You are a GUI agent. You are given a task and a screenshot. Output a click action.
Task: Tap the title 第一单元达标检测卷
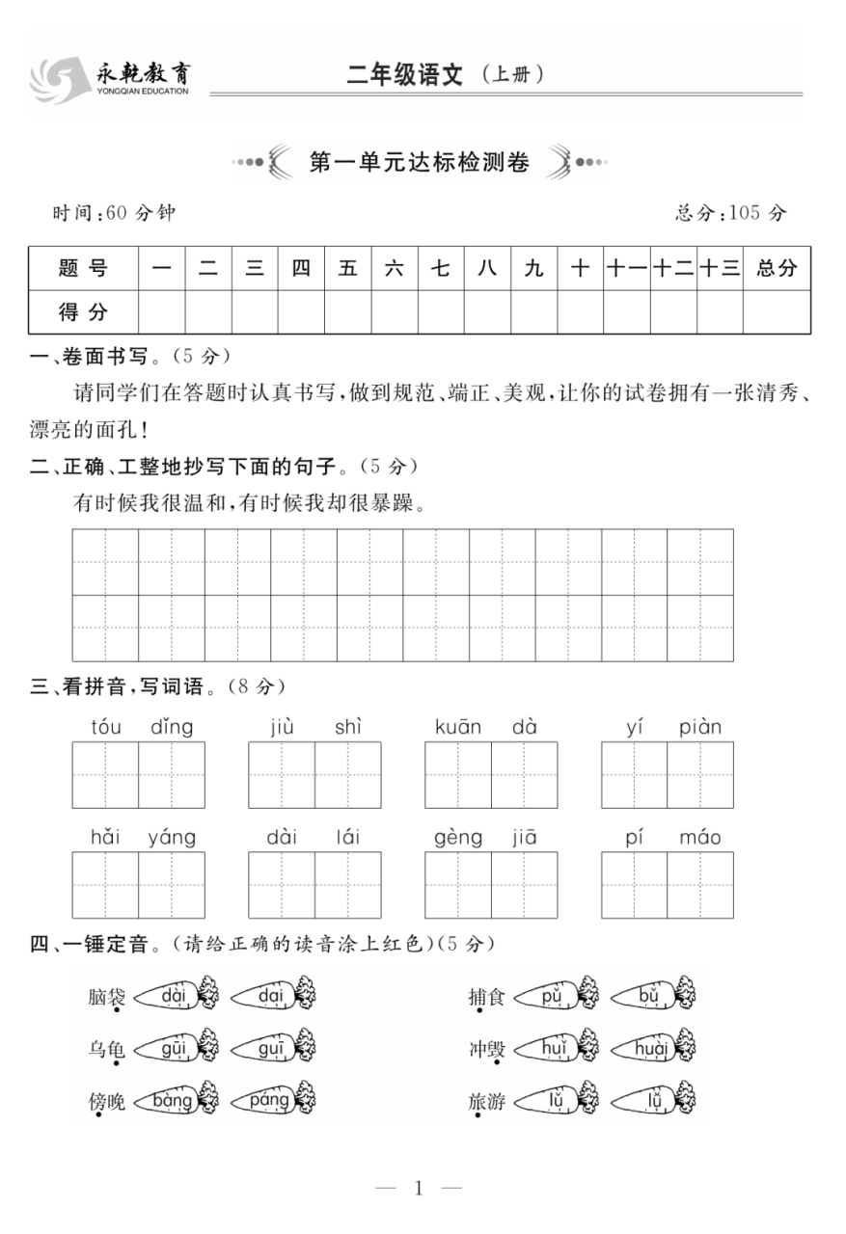tap(419, 163)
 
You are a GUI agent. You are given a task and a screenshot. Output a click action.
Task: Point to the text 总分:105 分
tap(730, 213)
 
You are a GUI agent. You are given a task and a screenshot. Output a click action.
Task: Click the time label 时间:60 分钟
tap(114, 213)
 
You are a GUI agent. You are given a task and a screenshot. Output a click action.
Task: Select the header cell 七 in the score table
tap(441, 269)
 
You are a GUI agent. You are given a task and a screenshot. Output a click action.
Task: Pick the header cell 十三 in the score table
tap(719, 269)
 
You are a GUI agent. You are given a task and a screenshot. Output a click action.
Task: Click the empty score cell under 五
tap(347, 311)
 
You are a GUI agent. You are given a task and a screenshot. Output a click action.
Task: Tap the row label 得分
tap(83, 311)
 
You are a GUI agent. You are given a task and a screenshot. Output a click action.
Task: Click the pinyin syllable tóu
tap(106, 727)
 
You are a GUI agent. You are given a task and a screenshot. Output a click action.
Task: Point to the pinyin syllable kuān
tap(458, 727)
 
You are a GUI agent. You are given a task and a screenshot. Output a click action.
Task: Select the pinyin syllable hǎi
tap(105, 837)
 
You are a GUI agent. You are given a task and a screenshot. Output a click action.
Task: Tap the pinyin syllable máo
tap(699, 837)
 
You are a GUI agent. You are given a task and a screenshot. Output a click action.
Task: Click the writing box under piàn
tap(699, 774)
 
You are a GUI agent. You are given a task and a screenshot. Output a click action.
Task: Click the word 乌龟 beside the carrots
tap(106, 1049)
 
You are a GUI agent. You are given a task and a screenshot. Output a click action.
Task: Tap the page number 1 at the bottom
tap(419, 1188)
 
